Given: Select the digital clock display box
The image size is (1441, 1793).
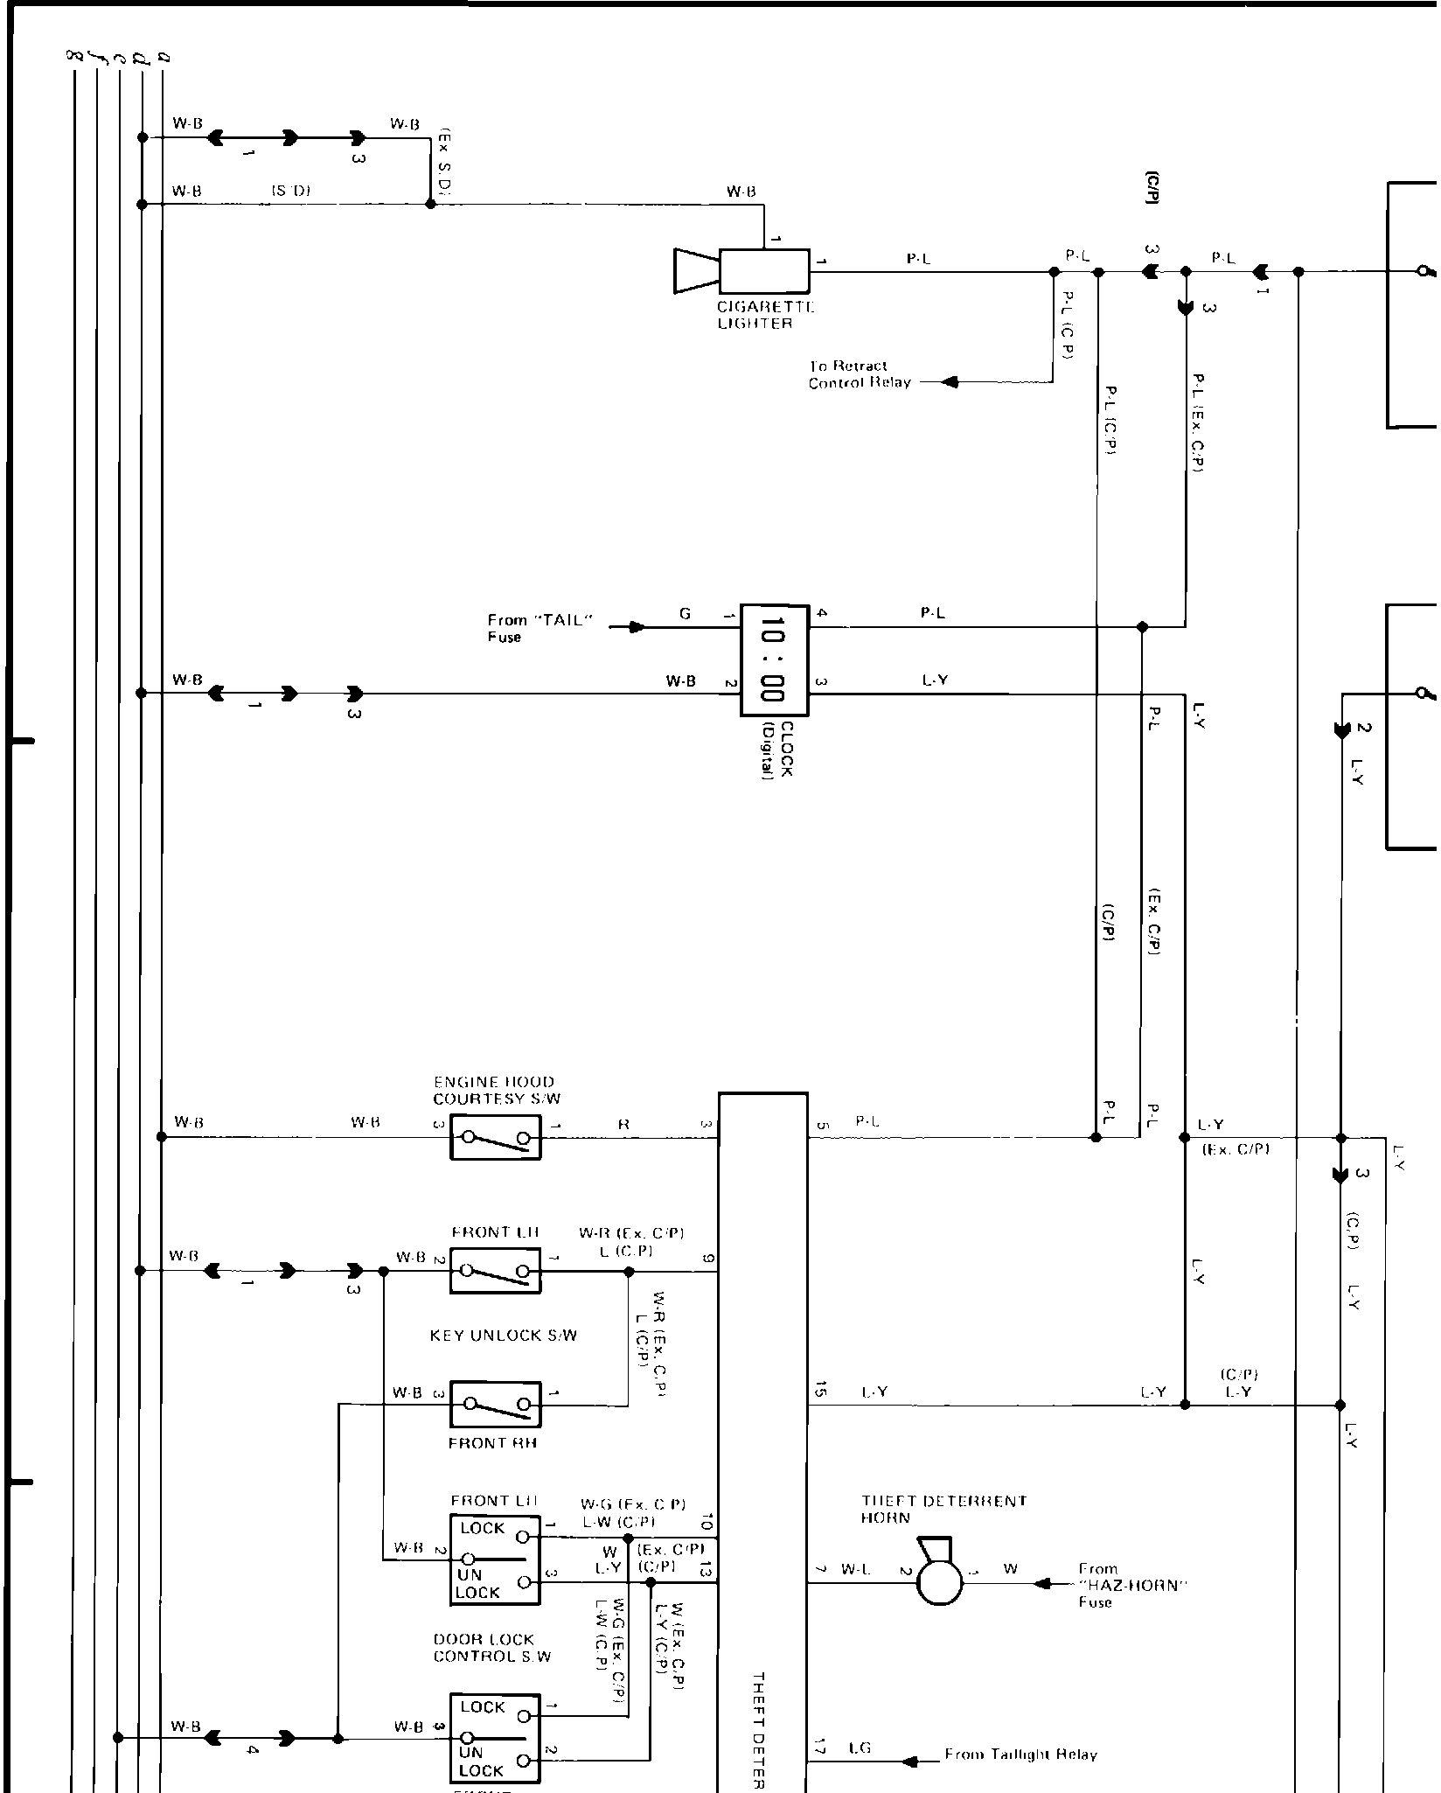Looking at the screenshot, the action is [x=774, y=659].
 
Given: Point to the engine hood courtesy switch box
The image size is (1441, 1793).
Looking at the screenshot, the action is [x=495, y=1137].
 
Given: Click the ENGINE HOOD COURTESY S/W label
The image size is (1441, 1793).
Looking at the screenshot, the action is [x=496, y=1090].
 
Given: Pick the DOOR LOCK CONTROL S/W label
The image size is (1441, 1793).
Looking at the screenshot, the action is [x=491, y=1648].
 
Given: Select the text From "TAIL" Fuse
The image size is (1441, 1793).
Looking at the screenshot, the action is [x=540, y=628].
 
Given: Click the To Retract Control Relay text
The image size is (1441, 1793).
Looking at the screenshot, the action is [x=859, y=374].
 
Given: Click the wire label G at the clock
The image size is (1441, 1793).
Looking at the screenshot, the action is [x=685, y=614].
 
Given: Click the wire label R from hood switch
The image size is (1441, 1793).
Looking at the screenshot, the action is [x=623, y=1125].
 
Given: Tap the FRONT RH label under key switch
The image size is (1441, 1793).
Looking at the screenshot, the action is [x=492, y=1443].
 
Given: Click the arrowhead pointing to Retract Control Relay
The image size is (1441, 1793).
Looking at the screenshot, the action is [x=950, y=382].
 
